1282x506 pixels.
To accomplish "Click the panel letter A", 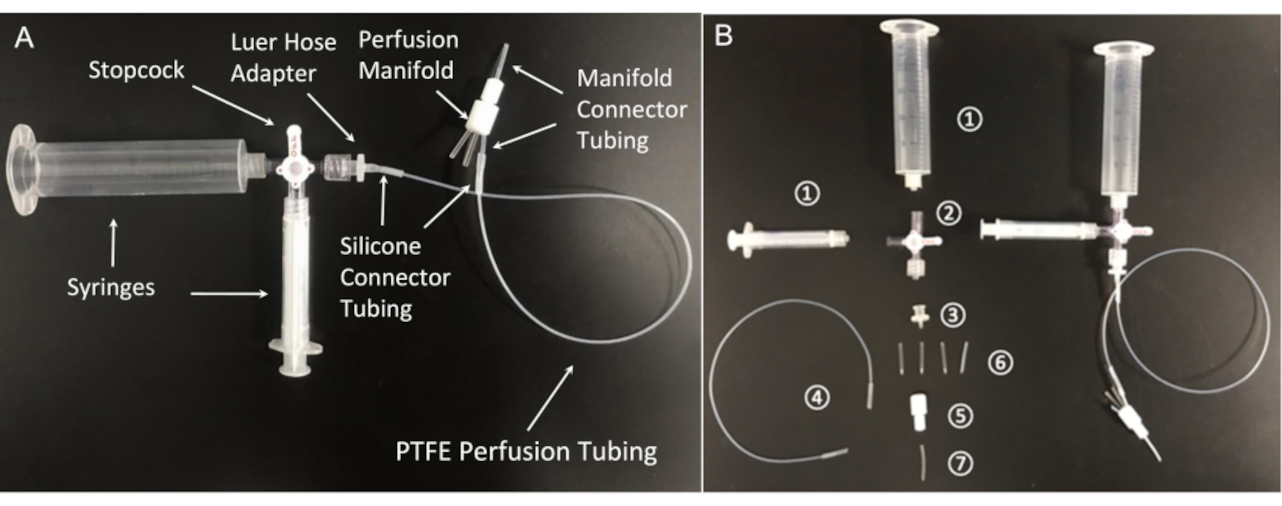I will (24, 38).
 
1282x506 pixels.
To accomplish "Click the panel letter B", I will (723, 36).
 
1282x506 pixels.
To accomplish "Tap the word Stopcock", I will (136, 70).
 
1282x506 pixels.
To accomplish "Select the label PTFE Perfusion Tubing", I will (526, 451).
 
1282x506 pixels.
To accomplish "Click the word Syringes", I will (111, 287).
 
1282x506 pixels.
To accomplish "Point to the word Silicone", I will (381, 247).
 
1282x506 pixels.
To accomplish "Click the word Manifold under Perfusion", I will (406, 70).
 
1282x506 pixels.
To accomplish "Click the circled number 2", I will (949, 214).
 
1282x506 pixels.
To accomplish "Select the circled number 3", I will (953, 315).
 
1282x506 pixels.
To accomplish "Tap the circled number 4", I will (817, 398).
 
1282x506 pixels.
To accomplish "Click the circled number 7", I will (961, 464).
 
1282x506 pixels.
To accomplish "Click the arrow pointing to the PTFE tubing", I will (550, 398).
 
